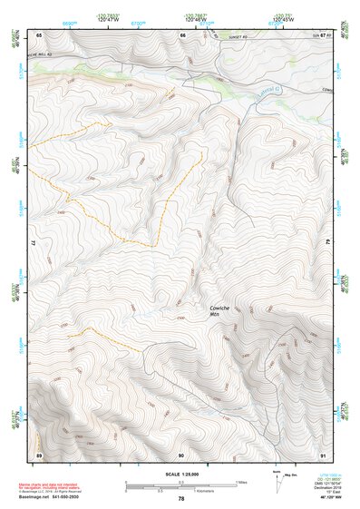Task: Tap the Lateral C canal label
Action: pyautogui.click(x=269, y=90)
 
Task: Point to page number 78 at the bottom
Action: pyautogui.click(x=180, y=499)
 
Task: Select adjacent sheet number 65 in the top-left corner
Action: pyautogui.click(x=39, y=34)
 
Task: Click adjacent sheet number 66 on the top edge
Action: pyautogui.click(x=182, y=34)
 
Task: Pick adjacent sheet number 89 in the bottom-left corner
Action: pyautogui.click(x=39, y=454)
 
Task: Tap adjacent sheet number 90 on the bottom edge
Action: pyautogui.click(x=181, y=454)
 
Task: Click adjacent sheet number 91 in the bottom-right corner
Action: pyautogui.click(x=323, y=454)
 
